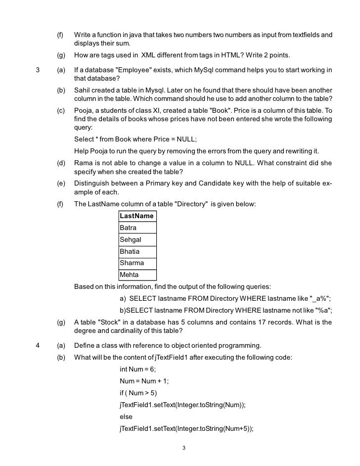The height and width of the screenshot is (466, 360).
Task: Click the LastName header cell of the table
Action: [137, 216]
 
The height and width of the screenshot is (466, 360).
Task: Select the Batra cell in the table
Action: [137, 228]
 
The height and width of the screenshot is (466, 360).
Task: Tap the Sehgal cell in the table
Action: [137, 239]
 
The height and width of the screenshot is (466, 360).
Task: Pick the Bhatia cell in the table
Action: [137, 251]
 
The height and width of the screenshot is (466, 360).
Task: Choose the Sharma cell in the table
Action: [137, 263]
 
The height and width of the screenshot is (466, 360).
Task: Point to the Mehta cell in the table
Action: [137, 275]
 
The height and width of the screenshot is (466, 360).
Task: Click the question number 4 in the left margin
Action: [38, 345]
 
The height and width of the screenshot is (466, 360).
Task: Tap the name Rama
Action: [83, 163]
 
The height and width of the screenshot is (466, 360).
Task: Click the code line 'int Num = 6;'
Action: [139, 370]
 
